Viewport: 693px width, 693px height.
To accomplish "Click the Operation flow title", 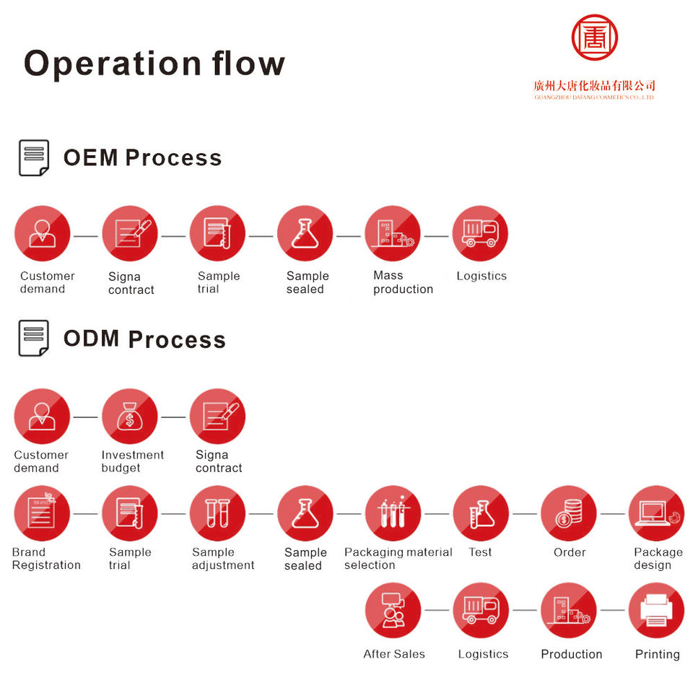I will coord(154,64).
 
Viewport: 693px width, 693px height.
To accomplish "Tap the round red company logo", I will coord(594,38).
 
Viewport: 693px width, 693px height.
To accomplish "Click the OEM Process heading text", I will coord(142,157).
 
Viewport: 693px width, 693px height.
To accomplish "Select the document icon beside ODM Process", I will coord(33,339).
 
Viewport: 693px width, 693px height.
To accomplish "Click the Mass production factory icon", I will coord(393,234).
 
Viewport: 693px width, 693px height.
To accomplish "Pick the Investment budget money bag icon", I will coord(130,417).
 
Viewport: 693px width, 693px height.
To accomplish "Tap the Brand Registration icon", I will coord(42,513).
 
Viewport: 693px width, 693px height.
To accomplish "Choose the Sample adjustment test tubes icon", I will coord(217,513).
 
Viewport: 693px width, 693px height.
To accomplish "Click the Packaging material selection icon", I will coord(393,513).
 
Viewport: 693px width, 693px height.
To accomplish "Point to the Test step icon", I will coord(481,513).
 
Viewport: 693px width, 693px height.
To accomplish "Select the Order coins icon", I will coord(568,513).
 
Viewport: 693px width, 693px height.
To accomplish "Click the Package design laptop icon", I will coord(656,513).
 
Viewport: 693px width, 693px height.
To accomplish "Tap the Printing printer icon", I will coord(656,610).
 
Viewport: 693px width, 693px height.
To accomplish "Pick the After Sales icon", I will coord(393,610).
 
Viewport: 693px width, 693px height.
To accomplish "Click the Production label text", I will coord(571,654).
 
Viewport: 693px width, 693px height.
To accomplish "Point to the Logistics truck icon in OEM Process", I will coord(480,234).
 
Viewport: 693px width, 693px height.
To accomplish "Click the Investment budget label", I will coord(132,461).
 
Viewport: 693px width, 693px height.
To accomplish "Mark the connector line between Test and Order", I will coord(525,514).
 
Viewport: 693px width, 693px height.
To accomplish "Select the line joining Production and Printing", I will coord(612,611).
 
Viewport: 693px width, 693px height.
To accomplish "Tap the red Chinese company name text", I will coord(594,85).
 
